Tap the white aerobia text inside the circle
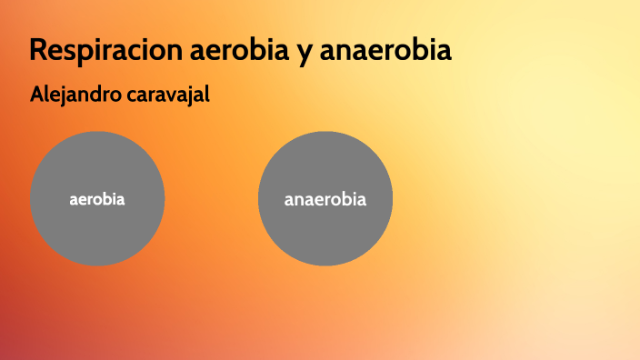coord(97,199)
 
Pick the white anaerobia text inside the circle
coord(325,199)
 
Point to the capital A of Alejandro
coord(36,94)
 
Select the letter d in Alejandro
coord(95,94)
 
